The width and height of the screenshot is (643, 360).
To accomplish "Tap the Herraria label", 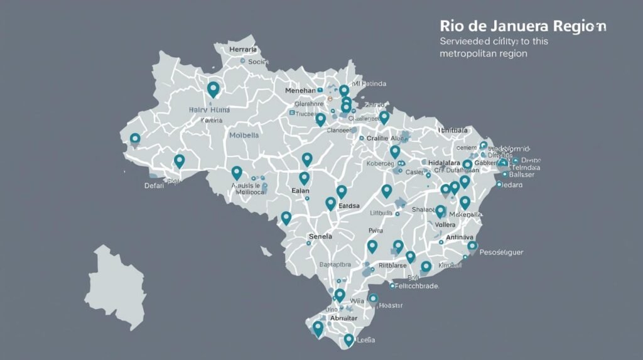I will [x=243, y=49].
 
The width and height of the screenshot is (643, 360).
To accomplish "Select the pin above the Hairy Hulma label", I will [x=213, y=89].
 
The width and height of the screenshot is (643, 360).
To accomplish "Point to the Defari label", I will [x=154, y=185].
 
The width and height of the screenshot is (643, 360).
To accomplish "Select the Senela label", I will [x=320, y=236].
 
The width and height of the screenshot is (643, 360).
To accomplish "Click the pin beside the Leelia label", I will [x=349, y=340].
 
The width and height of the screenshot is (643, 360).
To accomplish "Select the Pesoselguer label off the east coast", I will [x=501, y=252].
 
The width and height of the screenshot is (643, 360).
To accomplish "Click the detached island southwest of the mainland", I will [x=117, y=286].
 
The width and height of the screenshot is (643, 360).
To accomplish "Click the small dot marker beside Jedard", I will [x=499, y=185].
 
